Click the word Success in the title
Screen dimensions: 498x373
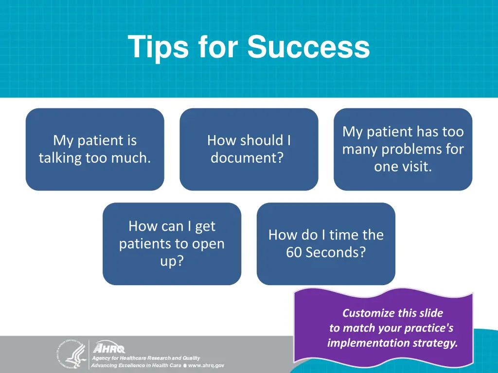(308, 48)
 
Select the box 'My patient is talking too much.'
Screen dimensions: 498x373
(95, 149)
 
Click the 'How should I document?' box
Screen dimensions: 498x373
(249, 149)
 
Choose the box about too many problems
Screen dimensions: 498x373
(403, 149)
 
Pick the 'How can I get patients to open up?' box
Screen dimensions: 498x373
(172, 243)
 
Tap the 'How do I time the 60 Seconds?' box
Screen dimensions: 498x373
(326, 243)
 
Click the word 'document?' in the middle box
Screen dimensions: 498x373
(247, 158)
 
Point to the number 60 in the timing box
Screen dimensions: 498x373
(294, 253)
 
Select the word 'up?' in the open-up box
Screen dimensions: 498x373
(172, 261)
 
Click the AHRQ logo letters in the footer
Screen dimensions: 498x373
(109, 349)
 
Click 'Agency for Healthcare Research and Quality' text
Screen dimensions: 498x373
(146, 358)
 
